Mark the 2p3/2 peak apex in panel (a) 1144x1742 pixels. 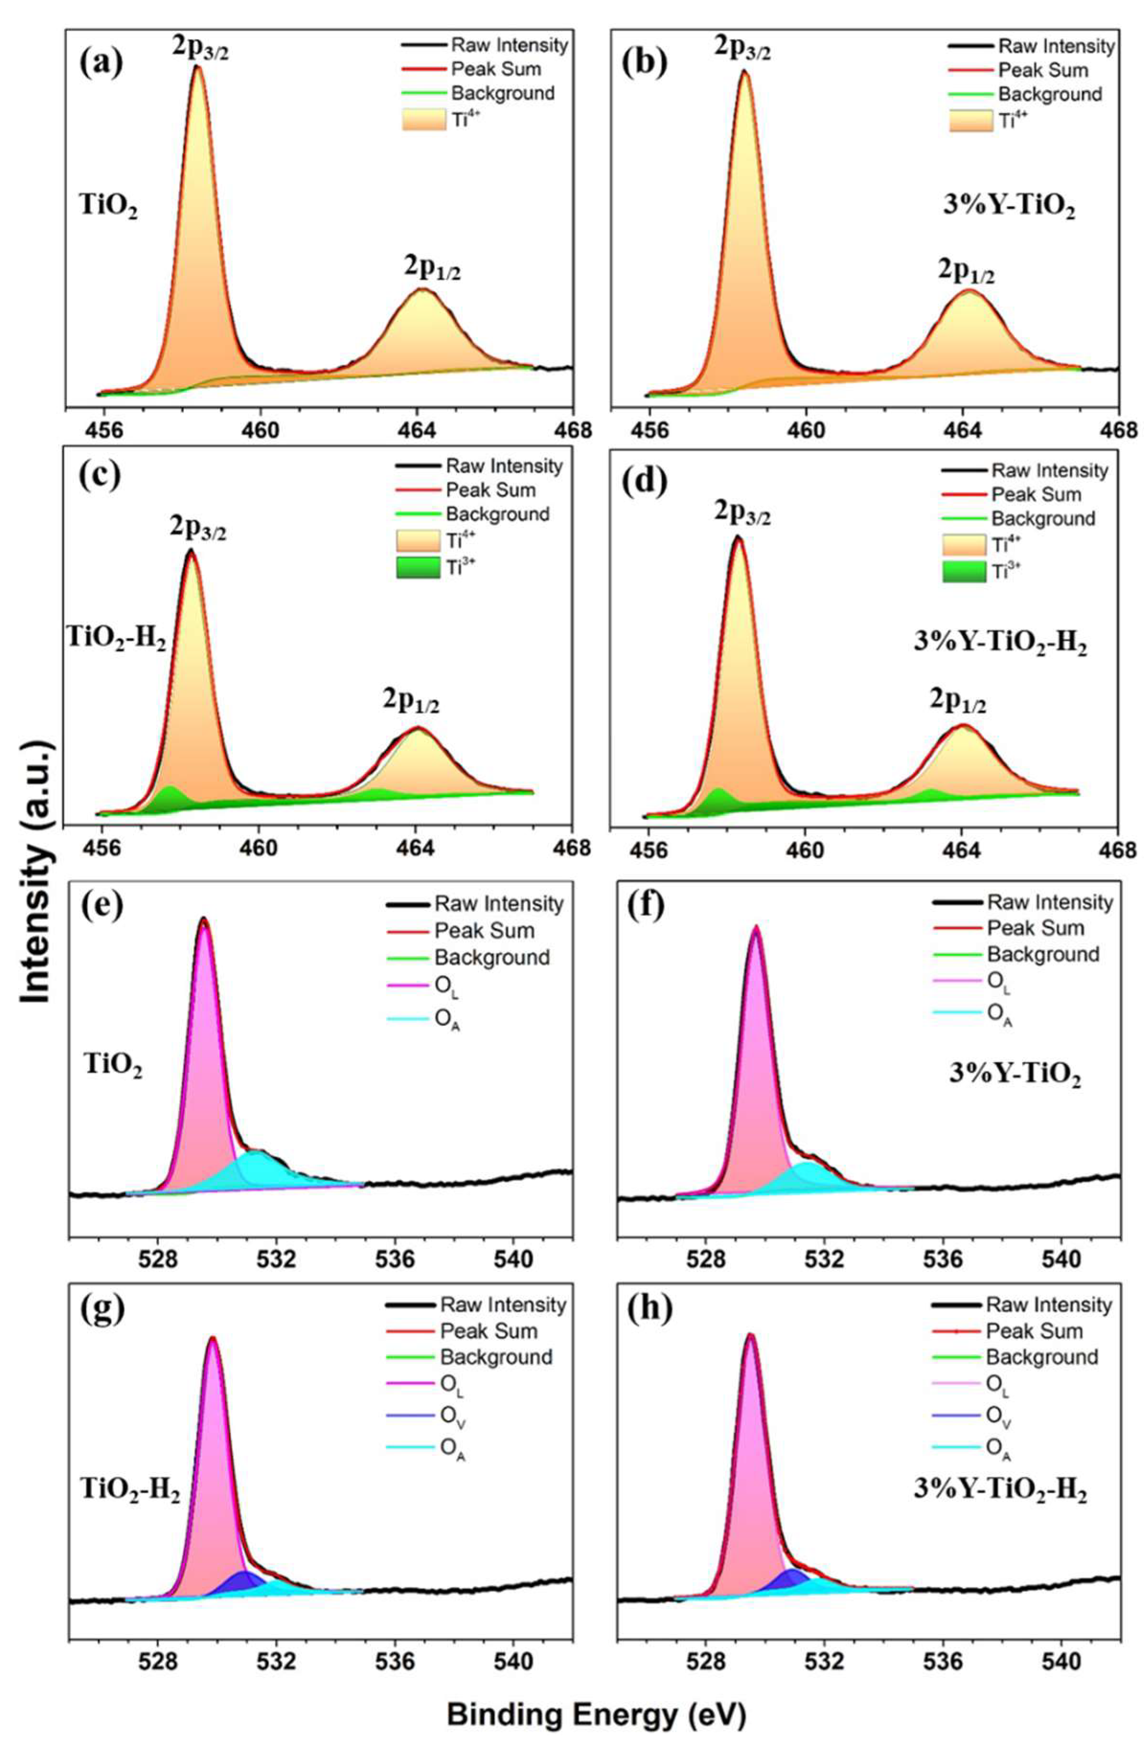click(x=196, y=68)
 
